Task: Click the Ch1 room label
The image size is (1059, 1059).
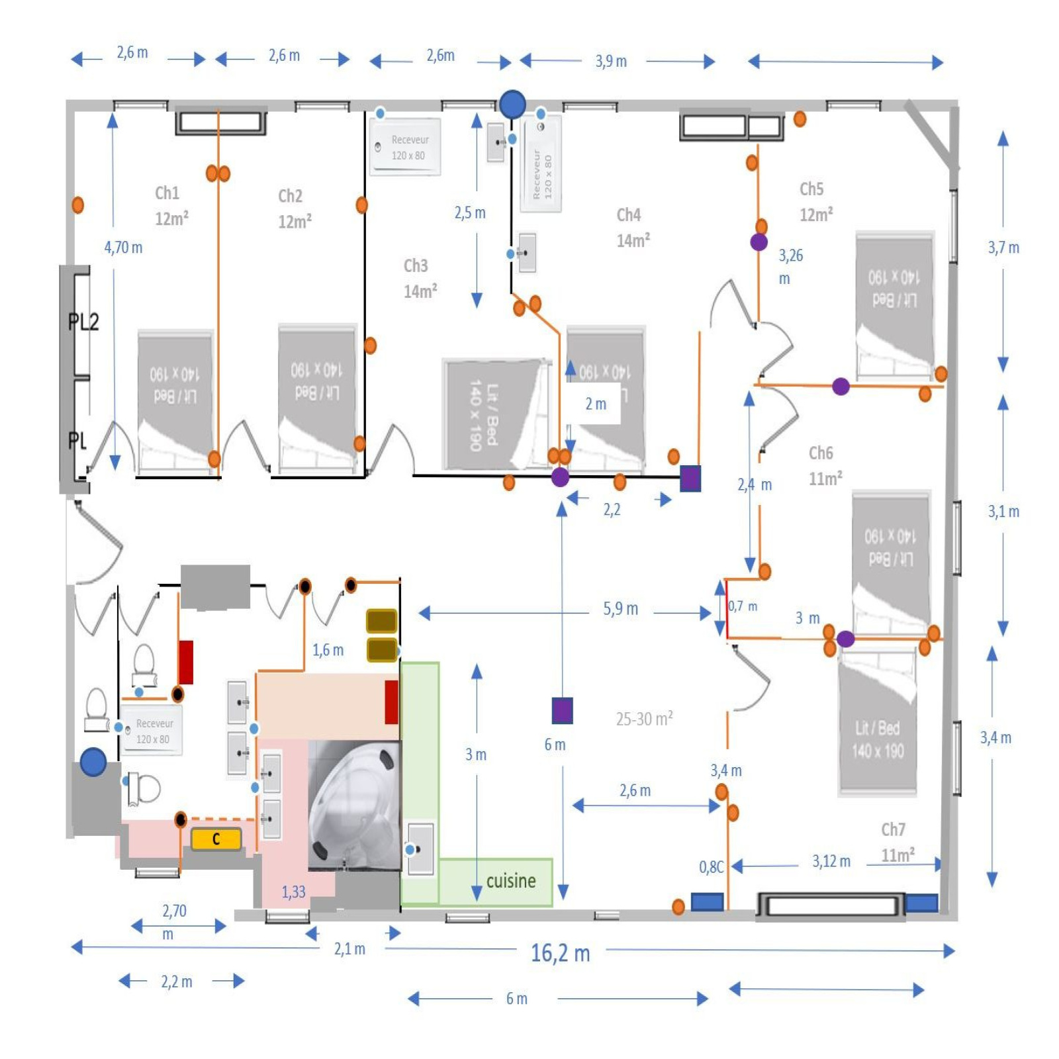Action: click(167, 193)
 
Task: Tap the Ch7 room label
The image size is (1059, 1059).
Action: click(893, 829)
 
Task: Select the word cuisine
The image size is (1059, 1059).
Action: click(510, 881)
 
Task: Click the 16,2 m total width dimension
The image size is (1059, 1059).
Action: click(560, 953)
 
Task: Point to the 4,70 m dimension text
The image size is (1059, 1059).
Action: click(123, 248)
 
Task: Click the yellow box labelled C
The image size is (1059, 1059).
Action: click(216, 839)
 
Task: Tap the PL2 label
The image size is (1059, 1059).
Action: click(84, 322)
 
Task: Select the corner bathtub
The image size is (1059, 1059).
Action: click(354, 804)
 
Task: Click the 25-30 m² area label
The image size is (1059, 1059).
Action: click(644, 719)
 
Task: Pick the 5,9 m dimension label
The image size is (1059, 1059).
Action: click(620, 609)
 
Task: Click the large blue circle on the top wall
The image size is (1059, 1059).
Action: click(512, 105)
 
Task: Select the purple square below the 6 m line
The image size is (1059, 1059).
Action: click(562, 711)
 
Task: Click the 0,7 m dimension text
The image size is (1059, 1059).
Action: click(743, 606)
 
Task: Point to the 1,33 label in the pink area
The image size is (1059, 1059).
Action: click(293, 892)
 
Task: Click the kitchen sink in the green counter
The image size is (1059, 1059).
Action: click(420, 849)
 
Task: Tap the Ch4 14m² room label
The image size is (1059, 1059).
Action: click(633, 228)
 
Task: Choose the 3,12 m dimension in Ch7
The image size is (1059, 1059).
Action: click(831, 861)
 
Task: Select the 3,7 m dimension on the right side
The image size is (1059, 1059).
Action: click(1003, 248)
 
